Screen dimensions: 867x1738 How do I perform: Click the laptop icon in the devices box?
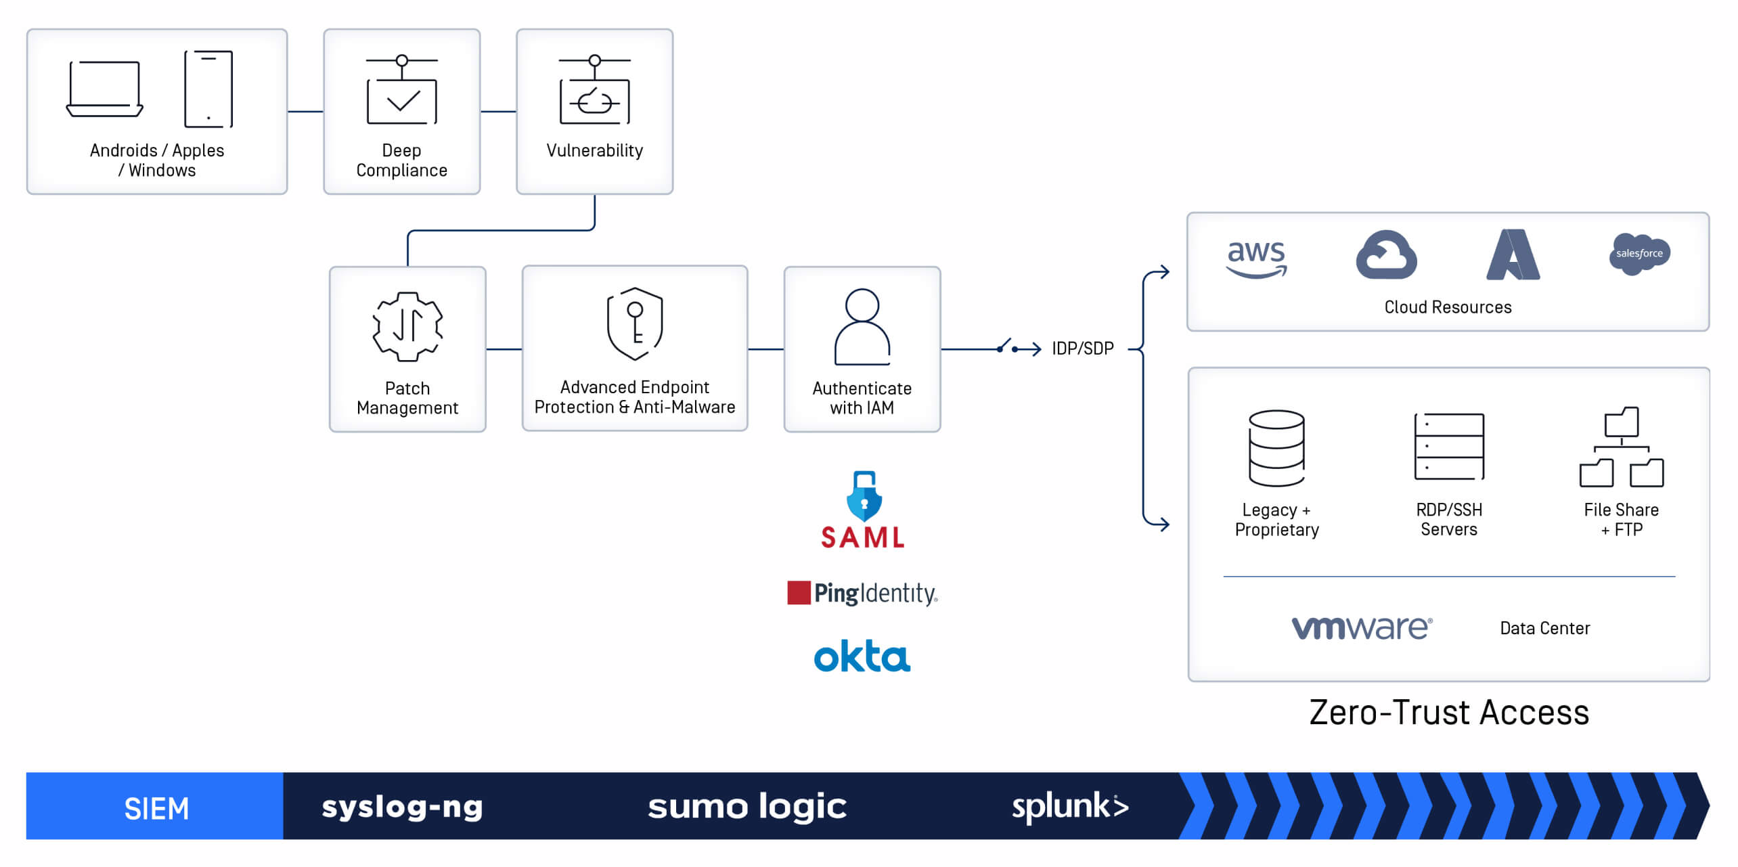pos(105,89)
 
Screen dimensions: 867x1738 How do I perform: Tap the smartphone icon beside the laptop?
pos(208,89)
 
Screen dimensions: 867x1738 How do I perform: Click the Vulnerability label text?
pos(594,150)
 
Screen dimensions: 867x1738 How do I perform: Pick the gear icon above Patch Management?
pos(407,327)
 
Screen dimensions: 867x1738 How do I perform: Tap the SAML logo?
pos(863,510)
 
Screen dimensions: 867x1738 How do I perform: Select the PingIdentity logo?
pos(862,593)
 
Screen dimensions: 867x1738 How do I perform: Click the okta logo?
pos(862,656)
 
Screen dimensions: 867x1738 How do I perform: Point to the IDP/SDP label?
pos(1082,349)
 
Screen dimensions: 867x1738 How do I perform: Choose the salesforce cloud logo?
pos(1639,254)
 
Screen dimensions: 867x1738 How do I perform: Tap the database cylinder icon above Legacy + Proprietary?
pos(1276,448)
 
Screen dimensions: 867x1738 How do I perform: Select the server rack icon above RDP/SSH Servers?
pos(1448,447)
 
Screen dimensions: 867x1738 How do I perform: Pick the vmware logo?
pos(1362,627)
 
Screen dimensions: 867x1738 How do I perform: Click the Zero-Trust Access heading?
pos(1448,713)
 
